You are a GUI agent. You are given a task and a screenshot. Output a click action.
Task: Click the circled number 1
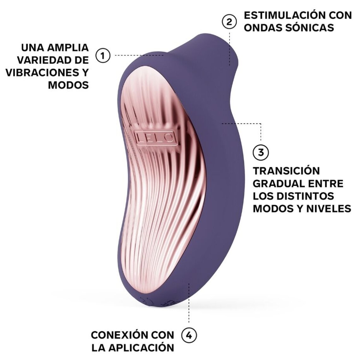[102, 56]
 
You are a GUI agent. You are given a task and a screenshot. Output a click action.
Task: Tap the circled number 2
[229, 21]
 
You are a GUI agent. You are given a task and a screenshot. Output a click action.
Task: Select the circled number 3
[261, 152]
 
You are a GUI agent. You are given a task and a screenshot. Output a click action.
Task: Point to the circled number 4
[189, 335]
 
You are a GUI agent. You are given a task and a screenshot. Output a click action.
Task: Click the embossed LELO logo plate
[155, 136]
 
